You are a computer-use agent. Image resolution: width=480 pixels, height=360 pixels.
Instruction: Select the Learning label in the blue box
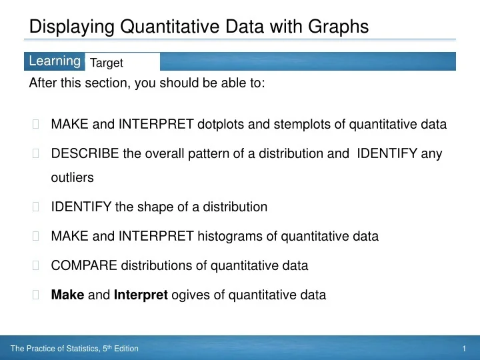[x=55, y=61]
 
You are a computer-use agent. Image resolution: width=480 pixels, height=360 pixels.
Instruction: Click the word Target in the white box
[x=107, y=63]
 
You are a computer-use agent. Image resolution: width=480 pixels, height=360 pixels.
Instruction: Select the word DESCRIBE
[x=85, y=153]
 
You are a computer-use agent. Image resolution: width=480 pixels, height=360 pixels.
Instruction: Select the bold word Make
[x=67, y=294]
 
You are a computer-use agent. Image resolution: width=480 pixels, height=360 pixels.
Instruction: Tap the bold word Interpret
[x=141, y=294]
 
